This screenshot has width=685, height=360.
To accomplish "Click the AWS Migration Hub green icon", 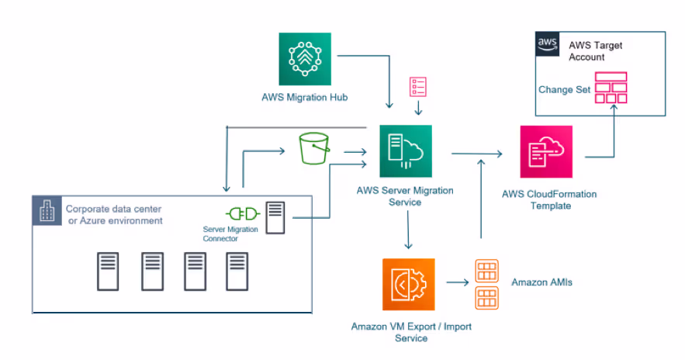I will [x=305, y=59].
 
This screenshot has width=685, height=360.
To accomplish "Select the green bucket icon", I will [x=314, y=148].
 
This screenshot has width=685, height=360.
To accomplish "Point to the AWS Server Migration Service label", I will [x=405, y=196].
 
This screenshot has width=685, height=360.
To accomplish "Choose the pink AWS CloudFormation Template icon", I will [x=546, y=151].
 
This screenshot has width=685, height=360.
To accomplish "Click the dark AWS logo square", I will [x=548, y=46].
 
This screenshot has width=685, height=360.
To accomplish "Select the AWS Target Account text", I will [x=596, y=51].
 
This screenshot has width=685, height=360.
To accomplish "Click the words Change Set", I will [x=565, y=90].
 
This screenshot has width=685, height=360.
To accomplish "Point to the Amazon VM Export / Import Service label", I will [x=411, y=332].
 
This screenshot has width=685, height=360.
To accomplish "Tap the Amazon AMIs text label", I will [x=541, y=282].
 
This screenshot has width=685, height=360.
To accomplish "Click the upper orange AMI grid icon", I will [x=486, y=271].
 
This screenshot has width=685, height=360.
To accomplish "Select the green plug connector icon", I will [x=241, y=214].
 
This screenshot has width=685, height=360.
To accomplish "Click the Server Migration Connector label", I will [x=230, y=234].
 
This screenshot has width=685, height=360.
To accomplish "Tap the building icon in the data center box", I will [x=47, y=210].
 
